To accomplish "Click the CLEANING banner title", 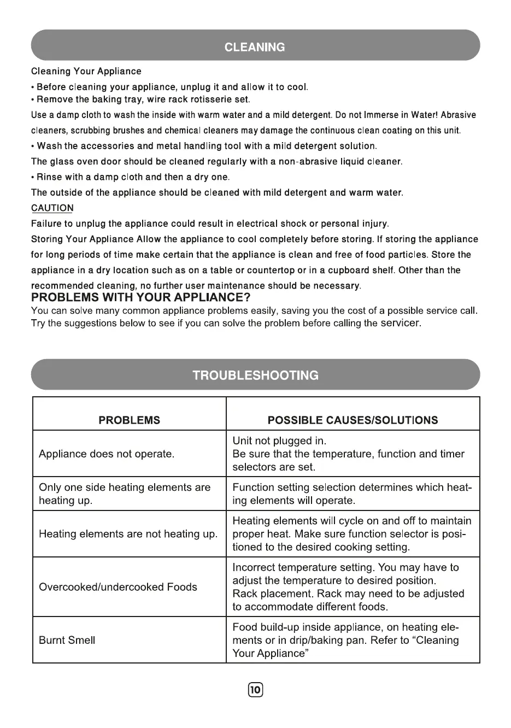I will pos(255,47).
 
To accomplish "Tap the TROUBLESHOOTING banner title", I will pos(255,375).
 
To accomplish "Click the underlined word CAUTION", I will pos(52,208).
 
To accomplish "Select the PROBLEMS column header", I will pos(130,420).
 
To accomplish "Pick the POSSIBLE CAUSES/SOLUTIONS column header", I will pos(353,420).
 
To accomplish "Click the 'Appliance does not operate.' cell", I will pos(107,454).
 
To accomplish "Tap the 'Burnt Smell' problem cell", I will pos(67,641).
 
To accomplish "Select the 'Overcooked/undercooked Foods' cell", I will pos(118,587).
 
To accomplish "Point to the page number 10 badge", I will pos(256,690).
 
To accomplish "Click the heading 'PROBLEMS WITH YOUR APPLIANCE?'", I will pos(141,297).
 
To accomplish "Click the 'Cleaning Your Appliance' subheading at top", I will pos(86,72).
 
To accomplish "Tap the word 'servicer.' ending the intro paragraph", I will pos(401,323).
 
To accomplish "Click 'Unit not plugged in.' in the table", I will pos(279,441).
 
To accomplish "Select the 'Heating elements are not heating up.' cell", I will pos(128,534).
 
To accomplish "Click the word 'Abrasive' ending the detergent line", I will pos(458,115).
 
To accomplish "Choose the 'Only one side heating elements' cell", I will pos(125,488).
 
